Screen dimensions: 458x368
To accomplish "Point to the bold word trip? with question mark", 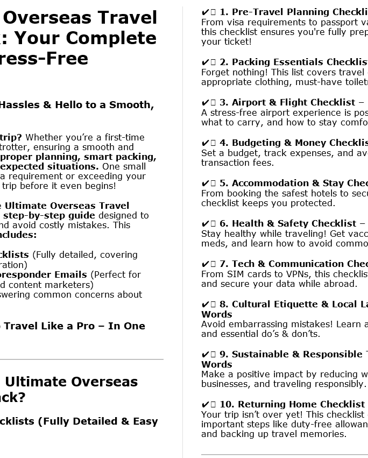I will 11,137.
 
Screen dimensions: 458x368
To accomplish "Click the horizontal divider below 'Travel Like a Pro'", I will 81,359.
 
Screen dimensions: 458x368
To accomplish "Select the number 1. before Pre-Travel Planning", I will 224,12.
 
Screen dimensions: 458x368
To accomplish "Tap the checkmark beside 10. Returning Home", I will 205,404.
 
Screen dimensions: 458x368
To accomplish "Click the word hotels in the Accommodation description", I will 326,193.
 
